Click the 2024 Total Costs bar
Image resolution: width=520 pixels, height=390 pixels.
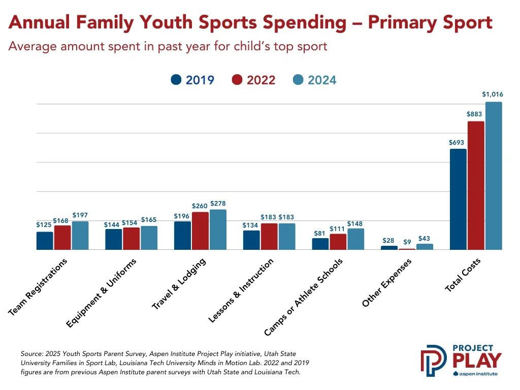pos(493,176)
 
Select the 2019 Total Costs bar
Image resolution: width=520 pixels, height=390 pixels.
pos(458,199)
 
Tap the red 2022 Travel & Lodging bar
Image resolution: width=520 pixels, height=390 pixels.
pos(200,231)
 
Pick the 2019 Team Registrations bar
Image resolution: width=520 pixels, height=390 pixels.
pos(45,241)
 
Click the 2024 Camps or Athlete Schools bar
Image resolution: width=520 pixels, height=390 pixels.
pos(355,239)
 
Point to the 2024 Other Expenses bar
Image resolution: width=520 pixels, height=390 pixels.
pos(425,247)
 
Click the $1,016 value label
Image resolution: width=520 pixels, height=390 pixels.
pos(493,94)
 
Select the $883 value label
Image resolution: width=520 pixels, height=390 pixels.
pos(475,114)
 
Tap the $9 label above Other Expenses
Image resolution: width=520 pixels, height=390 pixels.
pos(407,242)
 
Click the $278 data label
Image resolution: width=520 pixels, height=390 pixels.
pos(218,203)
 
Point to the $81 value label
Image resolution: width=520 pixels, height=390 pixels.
pos(320,233)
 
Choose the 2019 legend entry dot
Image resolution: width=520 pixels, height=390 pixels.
pos(176,80)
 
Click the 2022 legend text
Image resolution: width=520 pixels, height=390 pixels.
pos(261,80)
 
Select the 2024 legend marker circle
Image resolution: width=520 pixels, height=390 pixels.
pos(298,80)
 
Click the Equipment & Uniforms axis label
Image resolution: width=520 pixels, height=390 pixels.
pos(105,293)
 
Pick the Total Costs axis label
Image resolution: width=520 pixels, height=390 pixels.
pos(463,275)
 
